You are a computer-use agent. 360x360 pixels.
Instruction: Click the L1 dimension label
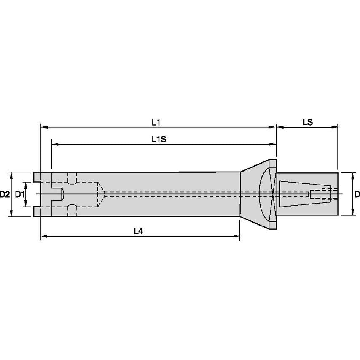156,122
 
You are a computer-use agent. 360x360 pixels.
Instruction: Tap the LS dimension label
307,122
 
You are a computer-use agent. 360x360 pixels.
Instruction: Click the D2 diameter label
5,194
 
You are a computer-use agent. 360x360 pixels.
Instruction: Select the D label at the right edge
357,194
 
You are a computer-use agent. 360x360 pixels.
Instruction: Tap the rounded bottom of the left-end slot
62,194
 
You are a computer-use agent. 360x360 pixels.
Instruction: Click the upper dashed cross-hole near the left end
73,178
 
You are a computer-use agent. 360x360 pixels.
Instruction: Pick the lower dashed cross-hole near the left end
73,210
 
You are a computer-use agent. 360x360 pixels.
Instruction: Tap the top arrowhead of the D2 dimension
11,174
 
